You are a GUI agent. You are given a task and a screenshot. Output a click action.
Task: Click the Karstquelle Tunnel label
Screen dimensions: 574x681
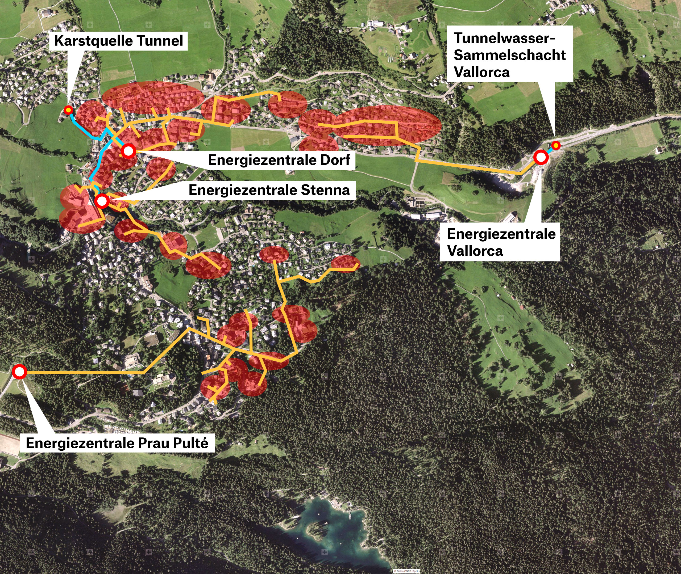119,41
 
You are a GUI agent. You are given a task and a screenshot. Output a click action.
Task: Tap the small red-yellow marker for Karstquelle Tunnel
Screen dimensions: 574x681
68,110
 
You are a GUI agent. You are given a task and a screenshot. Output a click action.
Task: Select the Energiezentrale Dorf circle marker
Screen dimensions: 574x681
128,151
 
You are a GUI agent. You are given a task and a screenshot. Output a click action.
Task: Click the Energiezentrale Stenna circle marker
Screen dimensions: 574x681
102,201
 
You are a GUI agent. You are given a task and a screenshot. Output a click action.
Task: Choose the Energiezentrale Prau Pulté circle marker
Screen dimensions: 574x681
19,372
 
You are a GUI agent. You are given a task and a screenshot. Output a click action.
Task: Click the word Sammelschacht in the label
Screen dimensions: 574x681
510,55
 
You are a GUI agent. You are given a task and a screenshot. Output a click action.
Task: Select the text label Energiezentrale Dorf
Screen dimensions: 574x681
279,160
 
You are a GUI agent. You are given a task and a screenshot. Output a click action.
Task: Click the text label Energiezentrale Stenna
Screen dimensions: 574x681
269,190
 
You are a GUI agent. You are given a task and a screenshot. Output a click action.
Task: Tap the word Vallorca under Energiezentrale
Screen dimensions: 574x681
475,251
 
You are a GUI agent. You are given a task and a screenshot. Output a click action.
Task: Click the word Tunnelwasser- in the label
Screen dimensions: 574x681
504,38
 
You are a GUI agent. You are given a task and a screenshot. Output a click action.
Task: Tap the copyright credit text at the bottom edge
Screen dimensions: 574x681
407,571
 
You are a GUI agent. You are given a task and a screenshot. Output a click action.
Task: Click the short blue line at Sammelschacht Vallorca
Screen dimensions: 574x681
550,150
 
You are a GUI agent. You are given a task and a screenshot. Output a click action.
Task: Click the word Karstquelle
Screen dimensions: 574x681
93,41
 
